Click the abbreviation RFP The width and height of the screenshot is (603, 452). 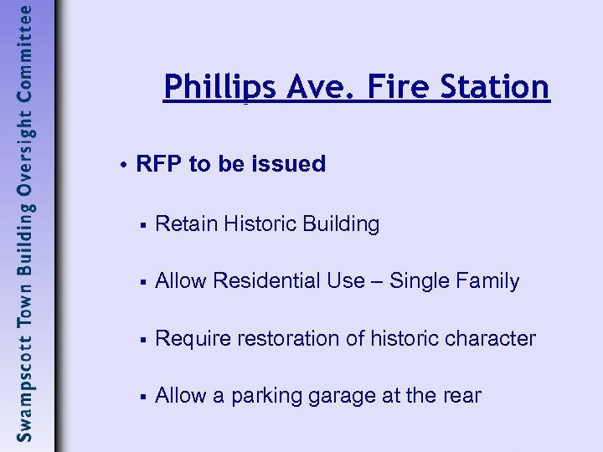pyautogui.click(x=159, y=164)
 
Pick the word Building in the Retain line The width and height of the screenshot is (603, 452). pyautogui.click(x=341, y=224)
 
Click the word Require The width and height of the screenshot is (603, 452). pyautogui.click(x=190, y=339)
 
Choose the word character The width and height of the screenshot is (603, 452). pyautogui.click(x=492, y=339)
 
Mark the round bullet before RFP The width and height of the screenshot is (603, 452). pyautogui.click(x=123, y=165)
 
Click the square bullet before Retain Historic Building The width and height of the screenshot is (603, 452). pyautogui.click(x=144, y=225)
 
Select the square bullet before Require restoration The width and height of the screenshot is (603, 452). pyautogui.click(x=144, y=340)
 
